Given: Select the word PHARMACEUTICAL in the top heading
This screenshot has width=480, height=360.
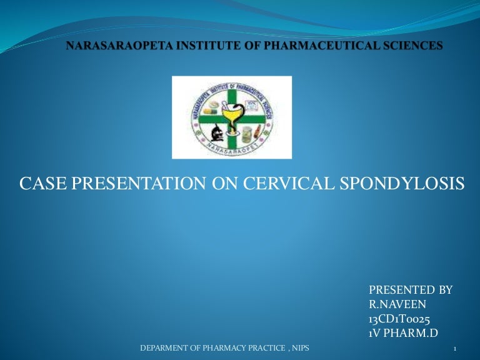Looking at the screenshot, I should (307, 46).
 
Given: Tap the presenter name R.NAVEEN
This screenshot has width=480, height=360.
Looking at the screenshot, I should (397, 304).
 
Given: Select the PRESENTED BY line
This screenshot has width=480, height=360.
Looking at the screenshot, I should (411, 290).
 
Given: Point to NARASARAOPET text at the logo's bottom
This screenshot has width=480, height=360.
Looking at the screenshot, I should (232, 148).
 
